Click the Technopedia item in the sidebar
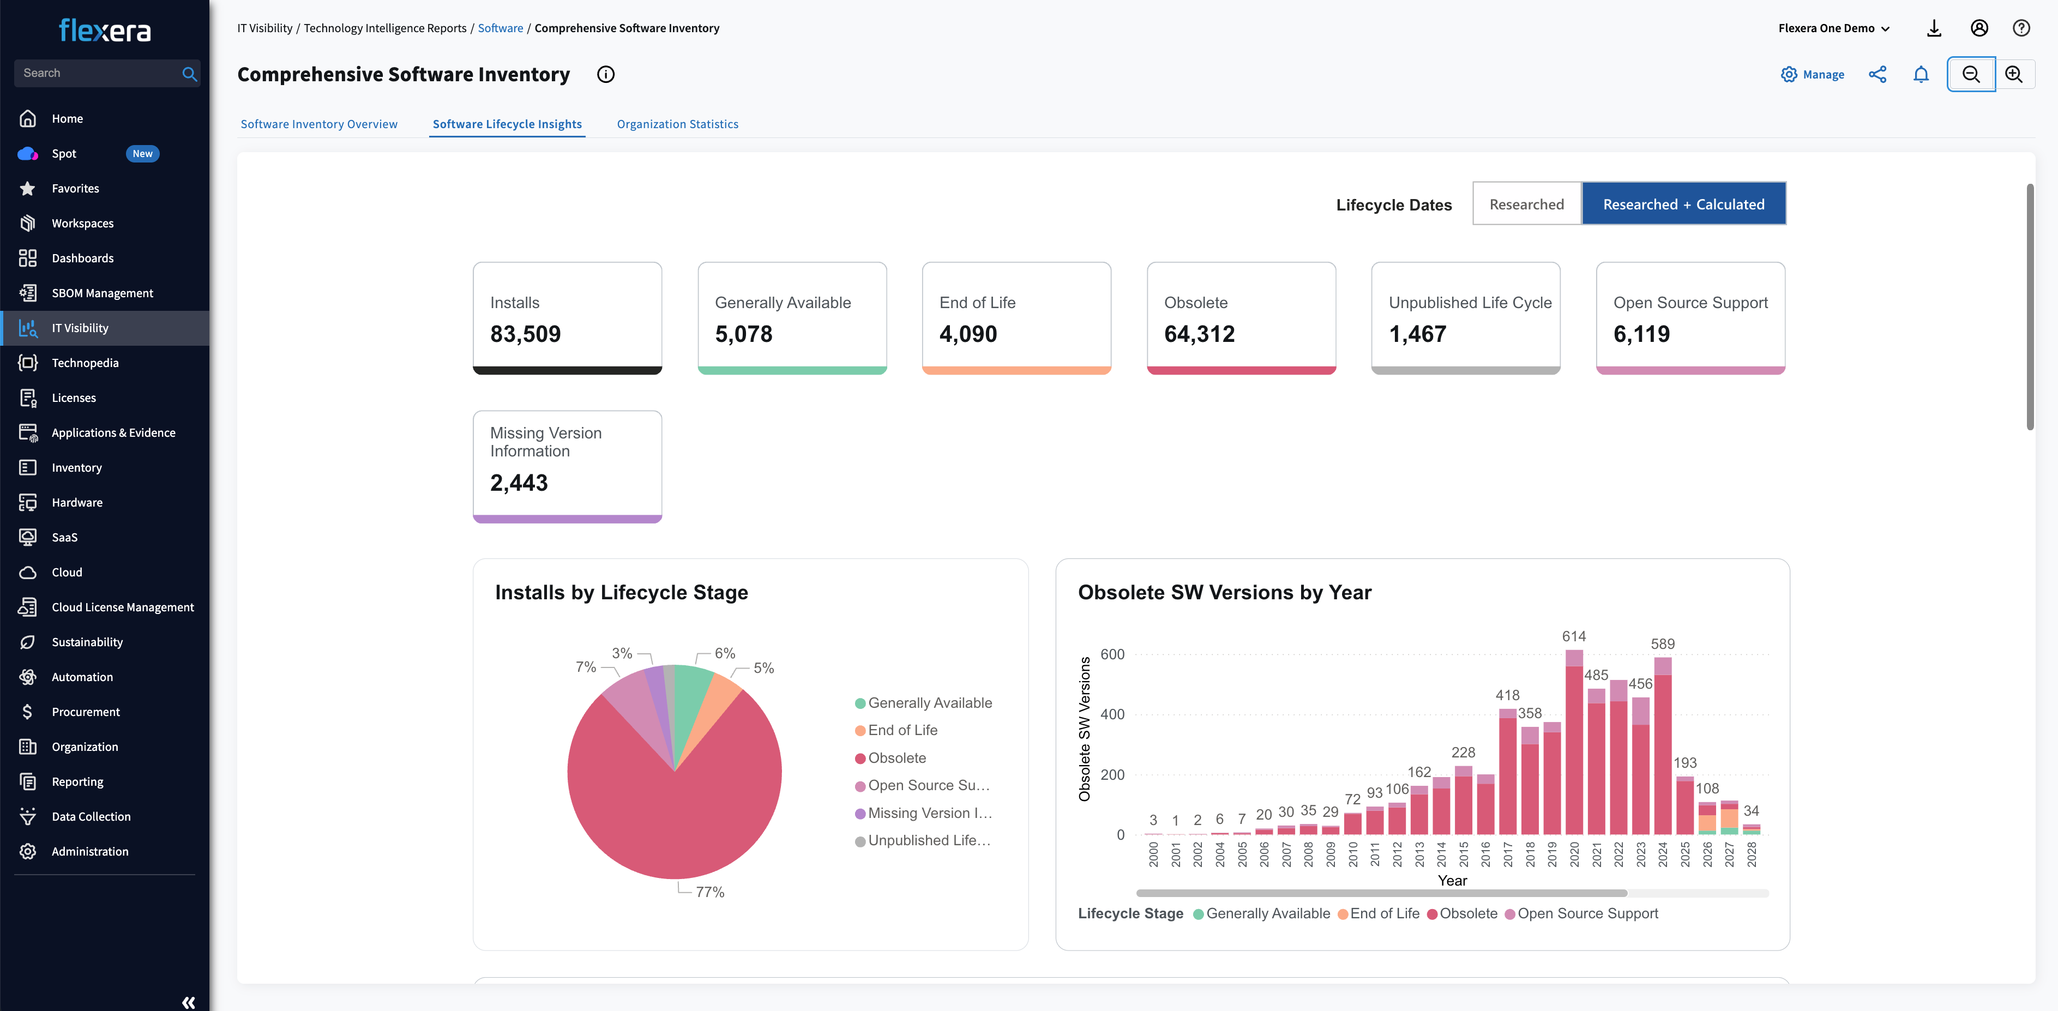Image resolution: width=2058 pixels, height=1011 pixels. click(85, 363)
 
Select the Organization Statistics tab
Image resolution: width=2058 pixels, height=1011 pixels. click(677, 124)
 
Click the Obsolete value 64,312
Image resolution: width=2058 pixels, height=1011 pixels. click(1199, 334)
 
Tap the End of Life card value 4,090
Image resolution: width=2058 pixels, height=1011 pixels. click(967, 334)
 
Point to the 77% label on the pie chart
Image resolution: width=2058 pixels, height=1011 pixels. click(709, 892)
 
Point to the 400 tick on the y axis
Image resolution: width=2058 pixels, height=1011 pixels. click(1111, 714)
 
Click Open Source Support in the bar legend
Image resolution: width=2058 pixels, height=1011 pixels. click(1587, 913)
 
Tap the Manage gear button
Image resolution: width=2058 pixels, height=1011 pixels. click(1812, 74)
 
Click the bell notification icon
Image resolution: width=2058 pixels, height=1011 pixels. click(1921, 74)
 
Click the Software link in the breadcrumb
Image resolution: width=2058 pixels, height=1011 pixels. click(500, 28)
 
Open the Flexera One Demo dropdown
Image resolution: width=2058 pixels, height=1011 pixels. click(1833, 28)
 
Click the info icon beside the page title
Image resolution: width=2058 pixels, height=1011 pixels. click(606, 74)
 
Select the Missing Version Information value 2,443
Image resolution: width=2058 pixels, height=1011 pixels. click(519, 483)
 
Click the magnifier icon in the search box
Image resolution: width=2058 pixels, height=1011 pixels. click(189, 74)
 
